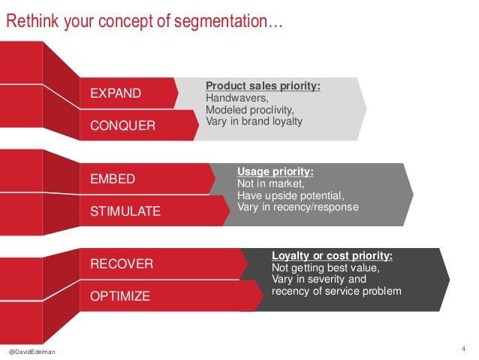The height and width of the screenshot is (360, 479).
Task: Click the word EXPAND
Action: click(116, 93)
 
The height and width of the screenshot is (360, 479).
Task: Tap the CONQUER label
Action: click(123, 126)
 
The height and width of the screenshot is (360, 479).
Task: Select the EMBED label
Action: click(113, 179)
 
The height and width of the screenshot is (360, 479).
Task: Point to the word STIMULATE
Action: click(125, 211)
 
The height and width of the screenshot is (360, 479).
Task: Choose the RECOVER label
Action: click(122, 264)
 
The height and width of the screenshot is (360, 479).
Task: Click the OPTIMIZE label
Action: click(120, 296)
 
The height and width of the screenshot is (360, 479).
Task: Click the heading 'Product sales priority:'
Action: click(263, 86)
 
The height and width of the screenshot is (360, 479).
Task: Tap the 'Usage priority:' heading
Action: click(276, 171)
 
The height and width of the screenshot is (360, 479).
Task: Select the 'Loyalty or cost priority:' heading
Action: click(332, 256)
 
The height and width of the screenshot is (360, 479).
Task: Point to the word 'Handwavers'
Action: click(236, 98)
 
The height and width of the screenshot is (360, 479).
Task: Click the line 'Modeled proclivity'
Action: click(249, 110)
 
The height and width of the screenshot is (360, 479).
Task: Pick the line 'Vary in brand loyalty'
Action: click(254, 121)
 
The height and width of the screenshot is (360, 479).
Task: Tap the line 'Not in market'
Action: click(271, 183)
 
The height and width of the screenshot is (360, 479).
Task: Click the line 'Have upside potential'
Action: click(291, 195)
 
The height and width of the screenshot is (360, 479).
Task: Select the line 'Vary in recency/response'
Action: click(298, 207)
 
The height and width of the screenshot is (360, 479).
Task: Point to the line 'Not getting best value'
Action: click(326, 268)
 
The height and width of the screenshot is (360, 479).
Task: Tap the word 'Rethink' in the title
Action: click(32, 21)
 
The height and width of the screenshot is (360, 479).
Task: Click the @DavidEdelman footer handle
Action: click(32, 352)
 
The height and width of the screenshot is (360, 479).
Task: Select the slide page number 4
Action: click(463, 349)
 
